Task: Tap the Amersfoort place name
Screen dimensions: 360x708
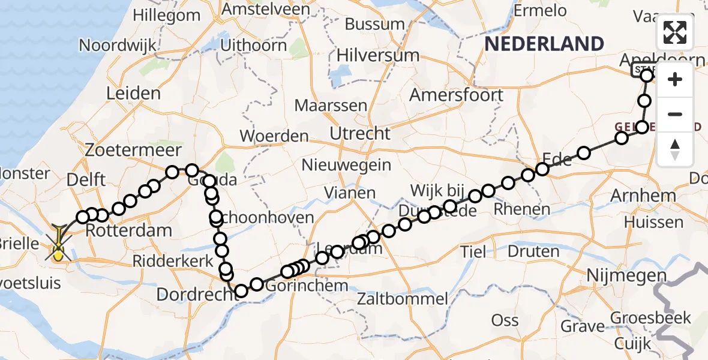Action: tap(456, 95)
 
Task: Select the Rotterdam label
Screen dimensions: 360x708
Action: tap(129, 230)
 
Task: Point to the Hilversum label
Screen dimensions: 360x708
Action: tap(377, 55)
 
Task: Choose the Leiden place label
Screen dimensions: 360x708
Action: tap(133, 93)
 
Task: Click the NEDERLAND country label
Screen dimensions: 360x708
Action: tap(544, 44)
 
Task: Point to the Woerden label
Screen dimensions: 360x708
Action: tap(274, 136)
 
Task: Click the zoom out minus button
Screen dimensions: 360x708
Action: tap(675, 114)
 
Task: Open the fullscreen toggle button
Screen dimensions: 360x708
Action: tap(675, 32)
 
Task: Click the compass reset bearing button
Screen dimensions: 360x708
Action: tap(675, 148)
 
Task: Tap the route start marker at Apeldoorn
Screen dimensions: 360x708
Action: tap(646, 76)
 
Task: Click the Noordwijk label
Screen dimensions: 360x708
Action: tap(118, 45)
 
